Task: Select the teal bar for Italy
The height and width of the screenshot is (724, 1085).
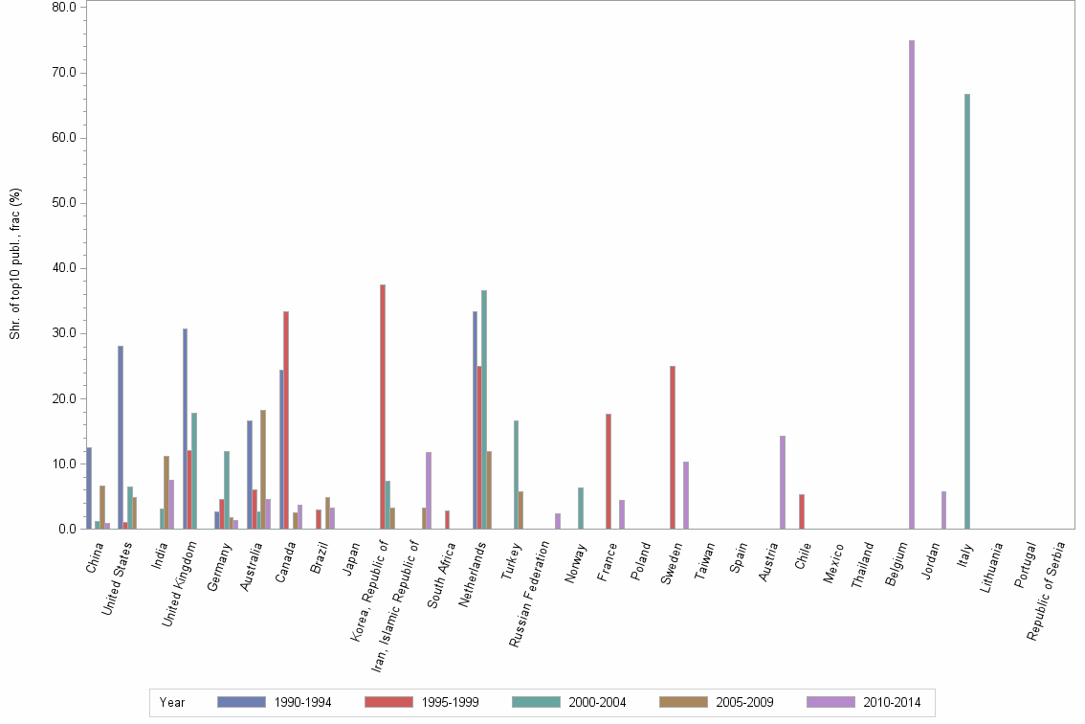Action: coord(967,311)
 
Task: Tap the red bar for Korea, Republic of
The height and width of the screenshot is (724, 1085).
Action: coord(383,406)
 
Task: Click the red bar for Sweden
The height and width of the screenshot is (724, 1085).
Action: coord(673,447)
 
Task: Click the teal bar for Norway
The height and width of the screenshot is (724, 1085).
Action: coord(581,508)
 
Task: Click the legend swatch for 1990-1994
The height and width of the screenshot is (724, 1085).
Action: coord(241,702)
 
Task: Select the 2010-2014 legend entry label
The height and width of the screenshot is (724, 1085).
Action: coord(891,702)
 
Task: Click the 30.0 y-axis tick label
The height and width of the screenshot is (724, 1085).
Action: coord(64,333)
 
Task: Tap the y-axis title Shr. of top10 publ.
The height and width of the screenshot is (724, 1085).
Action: coord(15,263)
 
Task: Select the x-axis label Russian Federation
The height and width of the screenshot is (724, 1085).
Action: coord(528,594)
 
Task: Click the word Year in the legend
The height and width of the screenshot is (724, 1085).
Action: coord(172,702)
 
